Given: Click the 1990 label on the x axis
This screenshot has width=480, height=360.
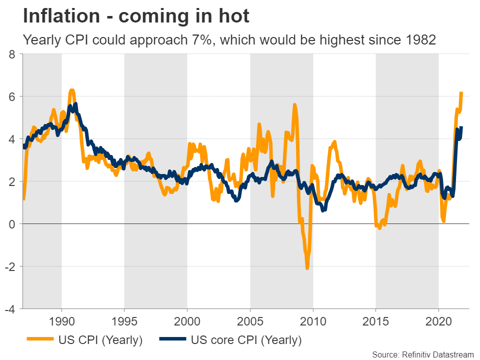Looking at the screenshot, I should point(61,320).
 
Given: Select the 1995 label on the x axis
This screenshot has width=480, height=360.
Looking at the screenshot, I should point(124,320).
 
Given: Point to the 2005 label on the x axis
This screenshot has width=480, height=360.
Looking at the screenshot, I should point(250,320).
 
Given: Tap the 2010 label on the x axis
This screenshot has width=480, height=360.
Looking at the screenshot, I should point(313,320).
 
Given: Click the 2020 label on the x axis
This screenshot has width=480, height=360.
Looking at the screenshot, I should point(438,320).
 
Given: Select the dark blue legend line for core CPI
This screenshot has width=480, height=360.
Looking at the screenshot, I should point(172,340).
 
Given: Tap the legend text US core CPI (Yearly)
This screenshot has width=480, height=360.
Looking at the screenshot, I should point(246,340).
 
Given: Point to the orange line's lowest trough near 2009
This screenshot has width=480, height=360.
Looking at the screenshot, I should point(307,268).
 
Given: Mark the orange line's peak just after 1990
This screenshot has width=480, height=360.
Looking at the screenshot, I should point(72,90).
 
